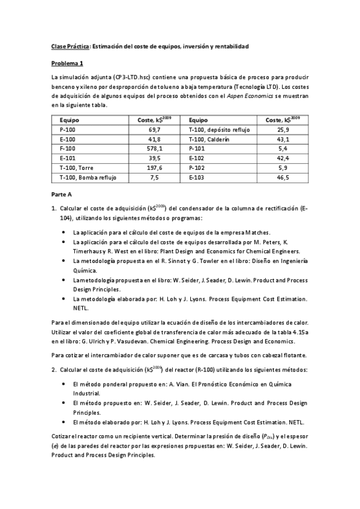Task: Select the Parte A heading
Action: coord(61,194)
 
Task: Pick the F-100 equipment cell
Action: coord(68,148)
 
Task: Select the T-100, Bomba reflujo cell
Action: coord(88,178)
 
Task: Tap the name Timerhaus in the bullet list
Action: coord(88,251)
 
